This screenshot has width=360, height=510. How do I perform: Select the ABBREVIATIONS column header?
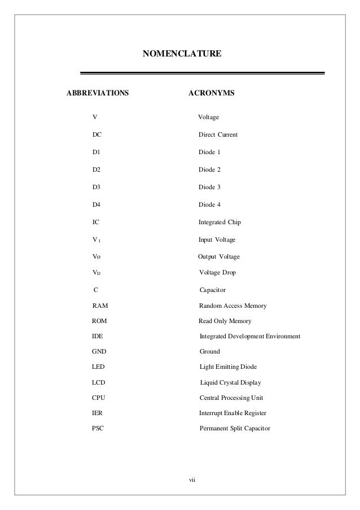[x=98, y=91]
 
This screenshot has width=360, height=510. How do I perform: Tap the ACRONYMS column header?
[x=211, y=91]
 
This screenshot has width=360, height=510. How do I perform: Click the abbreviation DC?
[x=96, y=135]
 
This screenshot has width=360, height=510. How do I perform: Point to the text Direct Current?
[x=218, y=135]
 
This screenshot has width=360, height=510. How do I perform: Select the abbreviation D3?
[x=96, y=187]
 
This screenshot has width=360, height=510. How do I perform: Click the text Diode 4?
[x=209, y=204]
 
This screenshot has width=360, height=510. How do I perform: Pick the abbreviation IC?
[x=95, y=223]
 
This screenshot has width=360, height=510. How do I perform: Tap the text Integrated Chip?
[x=219, y=223]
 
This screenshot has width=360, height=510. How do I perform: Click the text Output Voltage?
[x=219, y=257]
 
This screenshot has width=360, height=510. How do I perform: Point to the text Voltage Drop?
[x=218, y=273]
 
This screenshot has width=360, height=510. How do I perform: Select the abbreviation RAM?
[x=100, y=306]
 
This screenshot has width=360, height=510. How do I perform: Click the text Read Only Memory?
[x=225, y=321]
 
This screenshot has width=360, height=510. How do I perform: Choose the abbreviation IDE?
[x=97, y=336]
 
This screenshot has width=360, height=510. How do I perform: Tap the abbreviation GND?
[x=99, y=351]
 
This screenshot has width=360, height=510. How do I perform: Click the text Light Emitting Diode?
[x=228, y=367]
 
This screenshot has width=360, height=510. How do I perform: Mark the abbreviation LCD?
[x=98, y=382]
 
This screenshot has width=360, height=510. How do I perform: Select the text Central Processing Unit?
[x=231, y=398]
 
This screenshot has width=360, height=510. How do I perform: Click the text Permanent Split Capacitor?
[x=235, y=429]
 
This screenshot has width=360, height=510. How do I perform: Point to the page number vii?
[x=192, y=480]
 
